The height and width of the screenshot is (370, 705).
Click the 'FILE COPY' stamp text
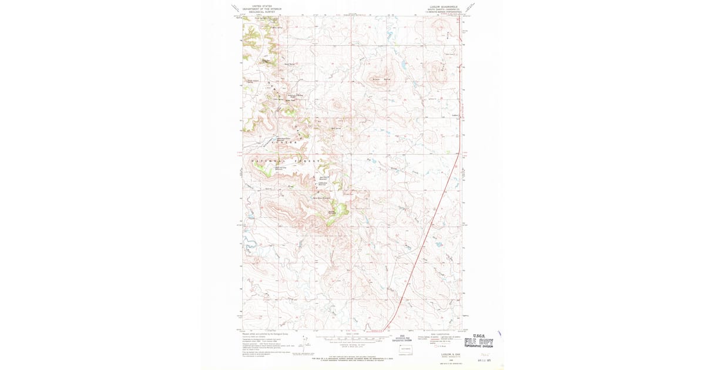click(479, 342)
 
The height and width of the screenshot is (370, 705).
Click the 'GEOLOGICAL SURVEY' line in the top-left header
click(262, 12)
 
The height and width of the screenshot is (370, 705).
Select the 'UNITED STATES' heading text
click(262, 5)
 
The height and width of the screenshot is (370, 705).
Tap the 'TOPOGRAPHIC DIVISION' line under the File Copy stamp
click(479, 347)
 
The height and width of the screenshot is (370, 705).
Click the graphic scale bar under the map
click(352, 339)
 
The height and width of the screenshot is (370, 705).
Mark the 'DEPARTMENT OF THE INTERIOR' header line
click(262, 9)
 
